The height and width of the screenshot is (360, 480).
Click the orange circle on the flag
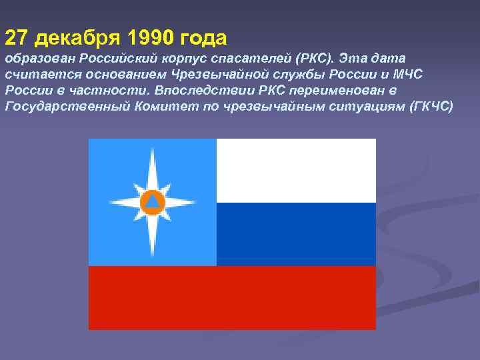point(152,201)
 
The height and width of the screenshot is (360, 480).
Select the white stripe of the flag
point(296,170)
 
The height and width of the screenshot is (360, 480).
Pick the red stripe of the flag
point(232,297)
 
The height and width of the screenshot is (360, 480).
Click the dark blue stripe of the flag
point(296,234)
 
